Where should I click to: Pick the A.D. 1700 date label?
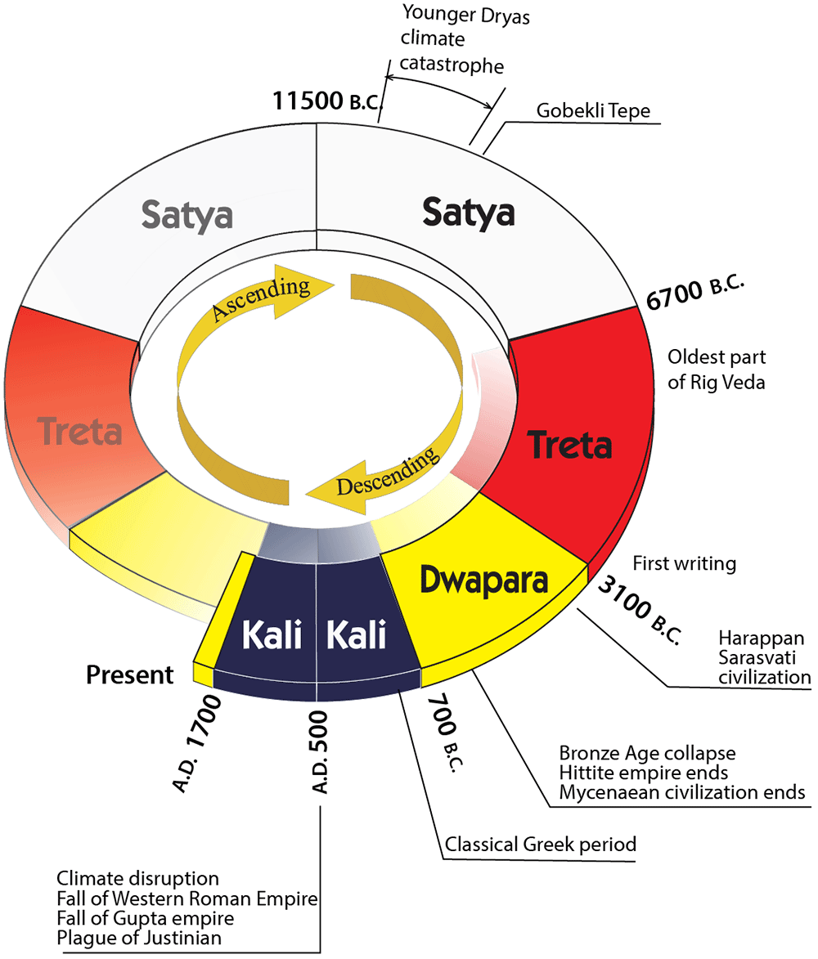pos(197,743)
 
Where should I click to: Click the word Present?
pos(130,675)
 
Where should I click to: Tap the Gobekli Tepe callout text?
pos(593,111)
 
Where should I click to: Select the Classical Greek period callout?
pos(541,844)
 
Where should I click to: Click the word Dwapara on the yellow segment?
pos(483,580)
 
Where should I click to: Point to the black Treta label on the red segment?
pos(569,446)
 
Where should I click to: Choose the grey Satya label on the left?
pos(187,215)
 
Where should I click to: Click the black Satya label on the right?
pos(468,212)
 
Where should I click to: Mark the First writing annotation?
pos(685,563)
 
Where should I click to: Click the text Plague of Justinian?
pos(139,937)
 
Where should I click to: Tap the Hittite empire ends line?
pos(644,772)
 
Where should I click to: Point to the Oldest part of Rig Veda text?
pos(717,370)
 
